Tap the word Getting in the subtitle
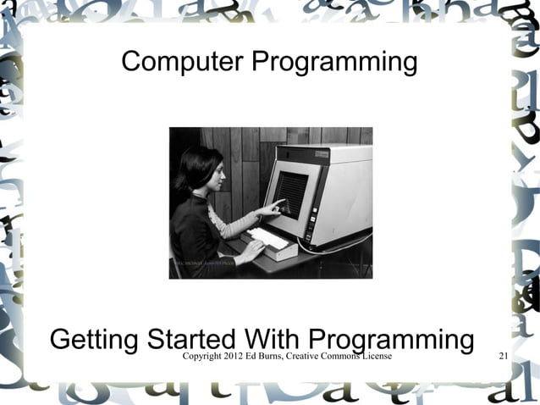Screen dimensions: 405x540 click(x=93, y=341)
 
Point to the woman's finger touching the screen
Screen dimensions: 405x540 click(x=281, y=202)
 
